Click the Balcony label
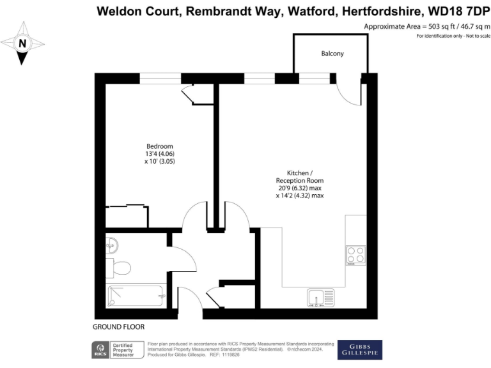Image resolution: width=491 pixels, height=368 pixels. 332,54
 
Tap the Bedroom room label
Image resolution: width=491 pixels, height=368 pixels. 159,146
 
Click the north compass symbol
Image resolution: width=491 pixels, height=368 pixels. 22,43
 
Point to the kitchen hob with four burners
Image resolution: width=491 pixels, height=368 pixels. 355,256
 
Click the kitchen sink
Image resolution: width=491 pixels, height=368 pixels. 321,298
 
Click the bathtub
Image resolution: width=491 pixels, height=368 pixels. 136,295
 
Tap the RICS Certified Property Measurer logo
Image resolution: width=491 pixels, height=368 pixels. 118,350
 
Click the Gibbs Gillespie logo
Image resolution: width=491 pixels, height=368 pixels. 360,349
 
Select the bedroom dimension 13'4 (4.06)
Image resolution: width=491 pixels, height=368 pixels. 159,154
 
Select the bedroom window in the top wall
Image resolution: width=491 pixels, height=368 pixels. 160,79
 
